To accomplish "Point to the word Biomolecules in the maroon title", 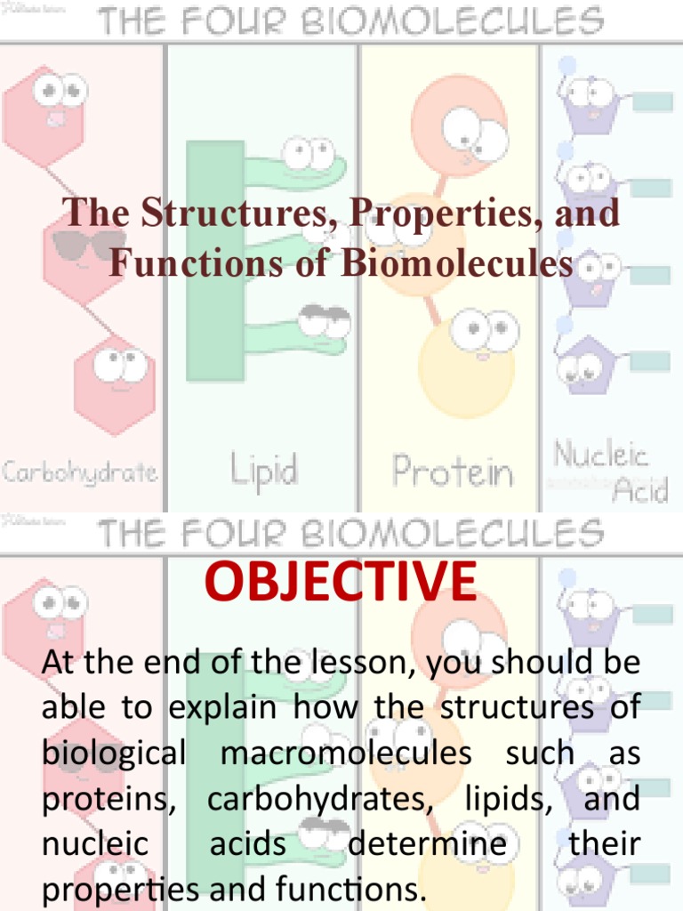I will click(455, 264).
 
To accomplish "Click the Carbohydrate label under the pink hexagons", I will click(80, 472).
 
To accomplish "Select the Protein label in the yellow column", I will click(453, 471).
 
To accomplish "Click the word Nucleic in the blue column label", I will click(601, 455).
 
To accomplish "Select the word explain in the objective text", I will click(232, 709).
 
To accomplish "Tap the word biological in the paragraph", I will click(114, 754).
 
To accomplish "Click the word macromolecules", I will click(346, 754).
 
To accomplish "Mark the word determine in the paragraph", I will click(427, 844).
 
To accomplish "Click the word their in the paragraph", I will click(605, 844).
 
